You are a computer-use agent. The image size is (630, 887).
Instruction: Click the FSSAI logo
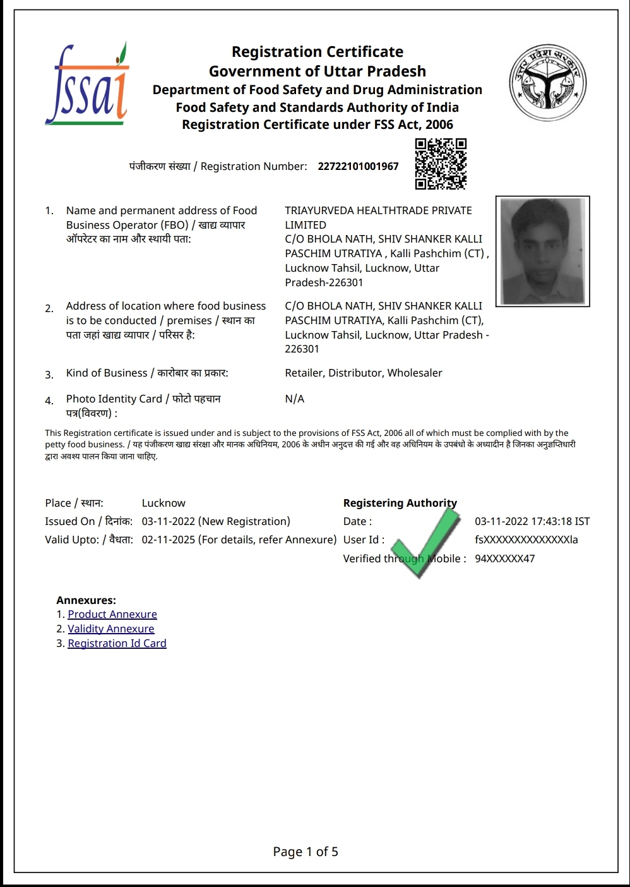(x=87, y=85)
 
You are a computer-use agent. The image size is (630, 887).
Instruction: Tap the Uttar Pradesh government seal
(x=548, y=83)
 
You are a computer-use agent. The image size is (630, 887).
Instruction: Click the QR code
(x=441, y=164)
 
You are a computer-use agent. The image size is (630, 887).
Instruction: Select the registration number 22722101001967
(x=358, y=166)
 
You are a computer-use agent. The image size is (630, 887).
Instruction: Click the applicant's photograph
(x=542, y=251)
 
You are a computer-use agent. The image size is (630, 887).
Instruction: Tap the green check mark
(x=429, y=542)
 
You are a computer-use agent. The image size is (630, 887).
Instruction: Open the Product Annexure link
(x=112, y=614)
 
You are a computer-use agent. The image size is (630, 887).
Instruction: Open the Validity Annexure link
(x=111, y=629)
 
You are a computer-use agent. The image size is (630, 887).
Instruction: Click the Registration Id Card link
(x=117, y=643)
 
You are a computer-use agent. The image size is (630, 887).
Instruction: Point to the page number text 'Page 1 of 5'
(x=306, y=852)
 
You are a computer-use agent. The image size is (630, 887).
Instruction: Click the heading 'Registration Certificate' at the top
(x=318, y=52)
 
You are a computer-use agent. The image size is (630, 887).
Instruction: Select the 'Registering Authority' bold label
(x=400, y=503)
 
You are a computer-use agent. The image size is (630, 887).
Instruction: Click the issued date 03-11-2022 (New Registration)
(x=216, y=521)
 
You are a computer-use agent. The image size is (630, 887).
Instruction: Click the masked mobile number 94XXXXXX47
(x=504, y=558)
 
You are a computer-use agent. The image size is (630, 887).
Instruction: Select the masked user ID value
(x=526, y=540)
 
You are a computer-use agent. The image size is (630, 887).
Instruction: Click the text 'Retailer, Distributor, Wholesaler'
(x=364, y=373)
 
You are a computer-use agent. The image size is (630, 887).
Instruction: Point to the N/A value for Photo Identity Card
(x=295, y=399)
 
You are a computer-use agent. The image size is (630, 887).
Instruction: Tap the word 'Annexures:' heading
(x=86, y=600)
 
